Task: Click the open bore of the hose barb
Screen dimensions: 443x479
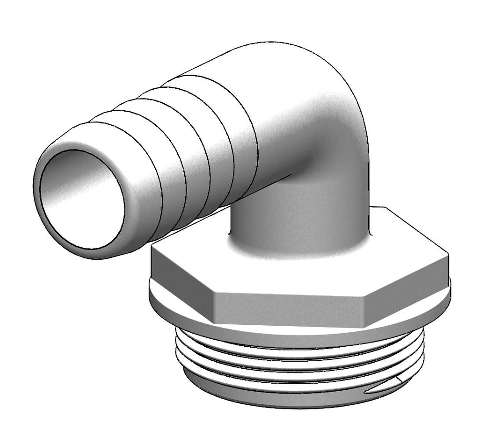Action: pos(82,199)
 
